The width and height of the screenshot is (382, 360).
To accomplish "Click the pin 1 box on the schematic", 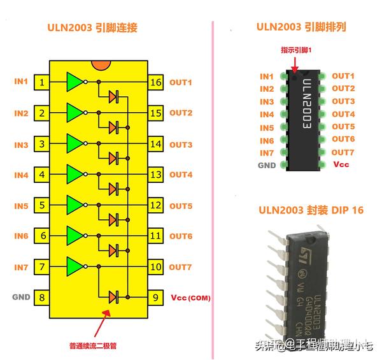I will coord(42,82).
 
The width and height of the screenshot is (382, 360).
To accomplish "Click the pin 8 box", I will coord(42,297).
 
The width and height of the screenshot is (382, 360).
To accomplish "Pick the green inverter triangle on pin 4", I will coord(75,174).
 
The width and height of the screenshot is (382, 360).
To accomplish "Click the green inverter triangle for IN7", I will coord(75,266).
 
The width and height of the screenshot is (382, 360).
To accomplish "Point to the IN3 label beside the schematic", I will coord(22,145).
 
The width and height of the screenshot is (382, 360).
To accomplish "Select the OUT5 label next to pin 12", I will coord(181,206).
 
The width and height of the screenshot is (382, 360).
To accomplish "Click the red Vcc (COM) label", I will coord(191,298).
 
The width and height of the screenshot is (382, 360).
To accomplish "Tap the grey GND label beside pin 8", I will coord(21,297).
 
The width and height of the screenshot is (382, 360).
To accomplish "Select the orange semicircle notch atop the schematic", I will coord(100,65).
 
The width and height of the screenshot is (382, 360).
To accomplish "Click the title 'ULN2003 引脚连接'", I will coord(92,28).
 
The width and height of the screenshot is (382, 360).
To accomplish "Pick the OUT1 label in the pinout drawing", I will coord(343,76).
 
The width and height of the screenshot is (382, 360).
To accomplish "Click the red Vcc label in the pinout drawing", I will coord(341,164).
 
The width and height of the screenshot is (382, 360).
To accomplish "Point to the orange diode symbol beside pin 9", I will coord(114,297).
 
